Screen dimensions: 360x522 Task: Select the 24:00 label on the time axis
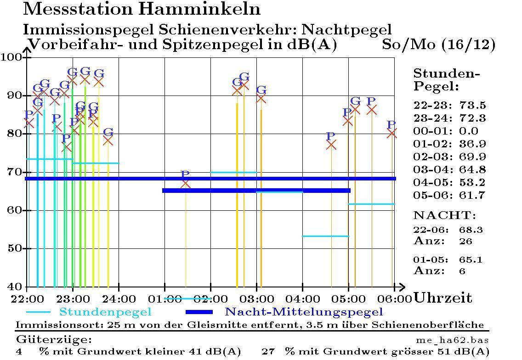tap(119, 298)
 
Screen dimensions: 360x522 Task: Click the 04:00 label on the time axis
tap(302, 298)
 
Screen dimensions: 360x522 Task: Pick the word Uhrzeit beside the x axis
tap(443, 298)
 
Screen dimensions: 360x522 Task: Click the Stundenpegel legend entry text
tap(105, 312)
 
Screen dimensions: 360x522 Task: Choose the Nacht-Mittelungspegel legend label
tap(303, 312)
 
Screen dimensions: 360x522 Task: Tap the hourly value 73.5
tap(472, 106)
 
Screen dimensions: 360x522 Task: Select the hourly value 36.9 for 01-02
tap(472, 144)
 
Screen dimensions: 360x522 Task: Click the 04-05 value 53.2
tap(472, 183)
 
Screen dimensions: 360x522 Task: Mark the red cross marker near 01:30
tap(186, 184)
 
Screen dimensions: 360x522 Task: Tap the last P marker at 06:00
tap(391, 133)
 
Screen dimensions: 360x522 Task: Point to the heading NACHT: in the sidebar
tap(444, 215)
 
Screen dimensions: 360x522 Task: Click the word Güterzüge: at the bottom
tap(54, 340)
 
